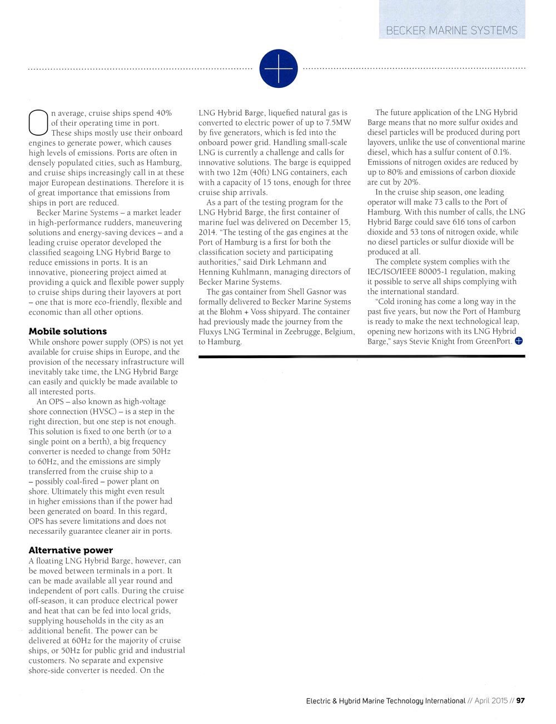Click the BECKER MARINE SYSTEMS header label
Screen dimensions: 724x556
[451, 31]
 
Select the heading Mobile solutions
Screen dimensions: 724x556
[67, 331]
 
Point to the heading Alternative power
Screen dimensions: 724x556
[71, 551]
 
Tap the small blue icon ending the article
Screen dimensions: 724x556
[519, 341]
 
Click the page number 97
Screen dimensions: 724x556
[520, 701]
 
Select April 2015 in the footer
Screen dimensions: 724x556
[492, 701]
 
